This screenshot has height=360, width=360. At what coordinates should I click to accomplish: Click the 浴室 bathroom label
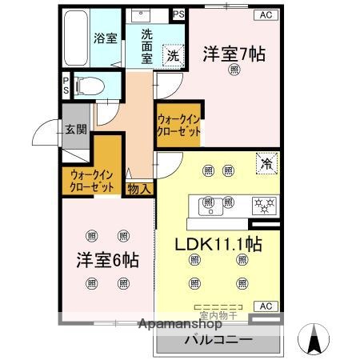point(105,38)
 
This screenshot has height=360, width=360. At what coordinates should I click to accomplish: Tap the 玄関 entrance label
point(76,130)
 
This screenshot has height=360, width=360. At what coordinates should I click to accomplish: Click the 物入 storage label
point(138,189)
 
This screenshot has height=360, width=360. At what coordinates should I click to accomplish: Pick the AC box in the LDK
point(265,306)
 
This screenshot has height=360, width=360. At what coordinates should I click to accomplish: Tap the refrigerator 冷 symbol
point(266,163)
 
